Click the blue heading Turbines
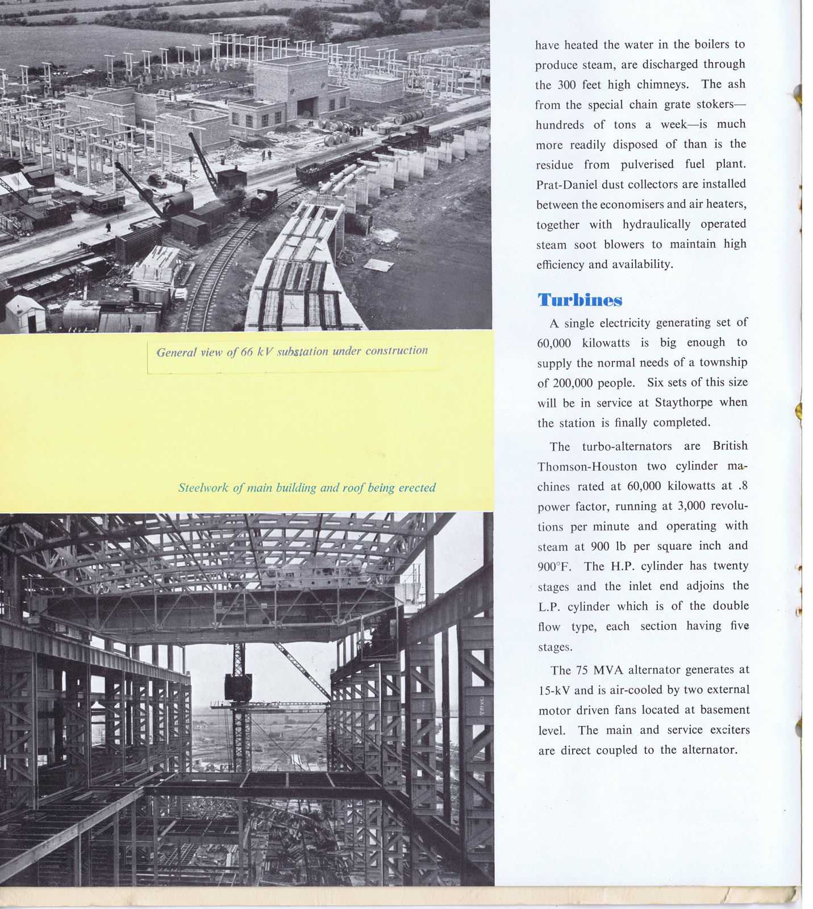tap(579, 300)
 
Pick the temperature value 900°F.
tap(553, 566)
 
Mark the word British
tap(730, 446)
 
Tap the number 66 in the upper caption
tap(246, 352)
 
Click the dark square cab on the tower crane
tap(238, 687)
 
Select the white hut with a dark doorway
tap(24, 314)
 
